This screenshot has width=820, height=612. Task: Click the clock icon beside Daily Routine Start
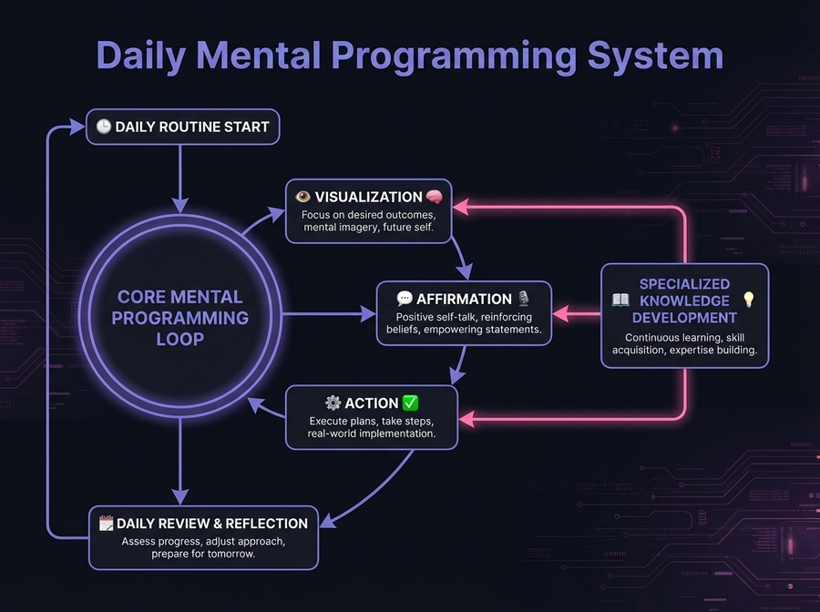coord(103,127)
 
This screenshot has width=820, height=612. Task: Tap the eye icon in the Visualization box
coord(303,197)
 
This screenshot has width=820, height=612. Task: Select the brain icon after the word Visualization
coord(435,197)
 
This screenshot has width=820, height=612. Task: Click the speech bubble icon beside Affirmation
coord(405,299)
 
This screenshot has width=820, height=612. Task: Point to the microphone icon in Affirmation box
coord(523,299)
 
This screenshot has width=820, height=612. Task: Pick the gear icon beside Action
coord(333,403)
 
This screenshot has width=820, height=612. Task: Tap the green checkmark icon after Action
coord(410,403)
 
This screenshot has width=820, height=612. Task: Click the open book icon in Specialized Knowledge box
coord(620,301)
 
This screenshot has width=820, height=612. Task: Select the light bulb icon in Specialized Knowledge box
coord(749,301)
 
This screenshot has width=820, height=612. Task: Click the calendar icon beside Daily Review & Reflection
coord(107,523)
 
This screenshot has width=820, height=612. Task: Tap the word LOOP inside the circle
coord(179,339)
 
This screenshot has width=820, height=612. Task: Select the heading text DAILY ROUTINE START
coord(192,127)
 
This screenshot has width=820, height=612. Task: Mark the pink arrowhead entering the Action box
coord(466,419)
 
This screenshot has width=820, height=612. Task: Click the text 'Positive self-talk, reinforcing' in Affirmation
coord(462,316)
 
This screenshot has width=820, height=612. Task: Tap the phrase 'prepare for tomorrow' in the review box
coord(203,554)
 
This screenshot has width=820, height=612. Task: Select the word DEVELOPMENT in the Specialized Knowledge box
coord(684,318)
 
